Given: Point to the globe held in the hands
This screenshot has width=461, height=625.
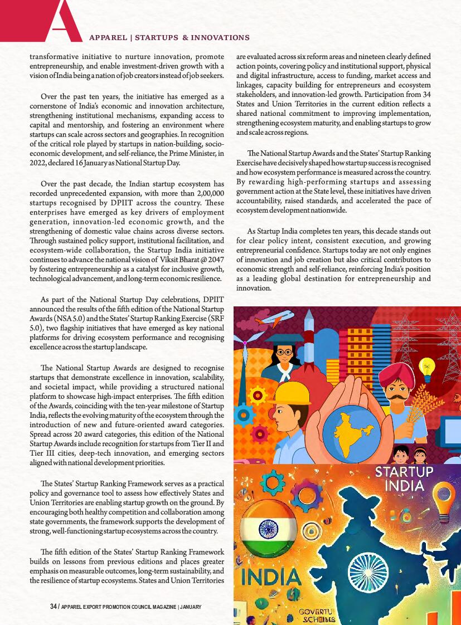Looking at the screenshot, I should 348,427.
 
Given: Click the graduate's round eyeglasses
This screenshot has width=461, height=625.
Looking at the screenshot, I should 284,352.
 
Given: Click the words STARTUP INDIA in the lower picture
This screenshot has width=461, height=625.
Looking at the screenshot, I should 404,478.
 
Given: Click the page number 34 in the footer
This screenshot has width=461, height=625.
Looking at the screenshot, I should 54,606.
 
